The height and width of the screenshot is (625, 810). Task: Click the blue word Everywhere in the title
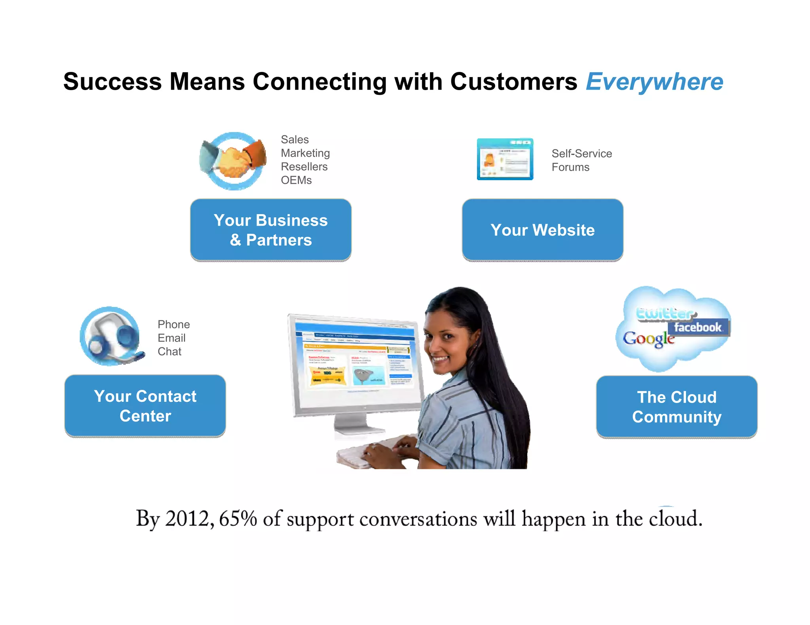(654, 82)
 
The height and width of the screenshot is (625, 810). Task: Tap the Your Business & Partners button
(271, 230)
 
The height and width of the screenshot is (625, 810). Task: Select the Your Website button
(543, 230)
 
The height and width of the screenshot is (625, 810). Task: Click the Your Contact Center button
(145, 406)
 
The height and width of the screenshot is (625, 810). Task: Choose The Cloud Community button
(677, 407)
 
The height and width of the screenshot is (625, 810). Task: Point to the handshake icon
(233, 161)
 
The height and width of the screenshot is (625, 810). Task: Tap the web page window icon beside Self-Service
(505, 159)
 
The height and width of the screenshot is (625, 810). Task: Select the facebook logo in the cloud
(698, 328)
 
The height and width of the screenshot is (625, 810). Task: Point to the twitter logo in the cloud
(664, 314)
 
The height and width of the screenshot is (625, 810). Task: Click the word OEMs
(296, 181)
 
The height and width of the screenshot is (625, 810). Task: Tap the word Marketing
(305, 153)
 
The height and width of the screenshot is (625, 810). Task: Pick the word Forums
(570, 168)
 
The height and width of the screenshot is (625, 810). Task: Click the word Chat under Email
(169, 352)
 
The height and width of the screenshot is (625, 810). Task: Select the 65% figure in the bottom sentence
(238, 519)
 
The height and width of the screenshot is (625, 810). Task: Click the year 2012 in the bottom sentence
(187, 519)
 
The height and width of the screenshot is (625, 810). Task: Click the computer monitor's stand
(354, 425)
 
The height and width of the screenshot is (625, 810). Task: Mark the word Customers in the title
(514, 82)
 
